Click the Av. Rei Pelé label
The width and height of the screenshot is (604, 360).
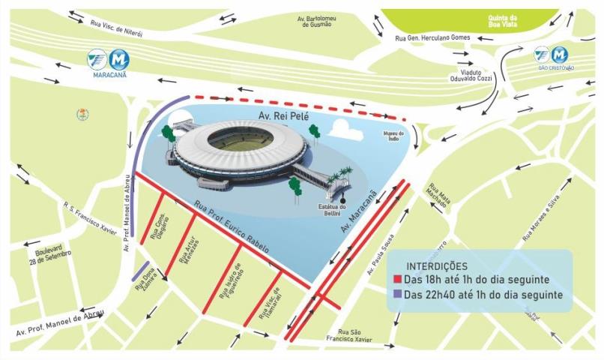278,118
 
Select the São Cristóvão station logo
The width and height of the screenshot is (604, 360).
552,55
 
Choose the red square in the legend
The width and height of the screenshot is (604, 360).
398,279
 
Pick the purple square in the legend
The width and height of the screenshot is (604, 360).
398,295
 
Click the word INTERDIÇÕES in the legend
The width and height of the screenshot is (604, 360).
437,266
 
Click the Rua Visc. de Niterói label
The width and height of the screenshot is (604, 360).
116,26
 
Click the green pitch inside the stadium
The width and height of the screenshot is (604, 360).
240,139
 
